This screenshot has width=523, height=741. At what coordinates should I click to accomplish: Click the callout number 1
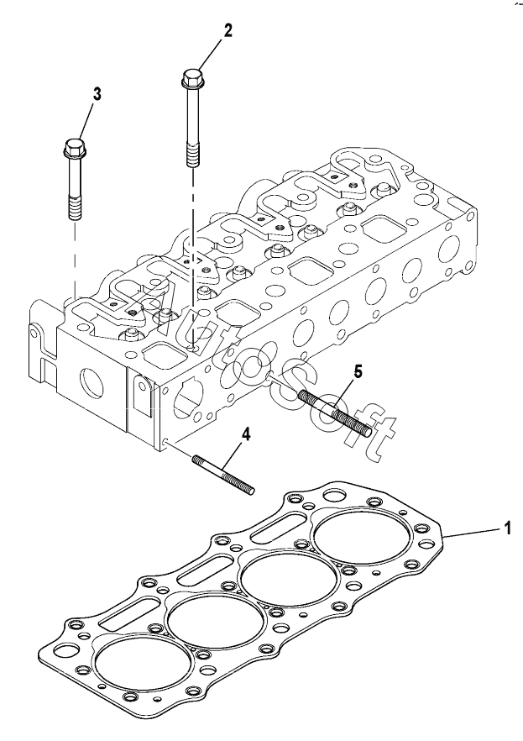(507, 528)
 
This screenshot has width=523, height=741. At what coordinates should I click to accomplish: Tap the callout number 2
(228, 31)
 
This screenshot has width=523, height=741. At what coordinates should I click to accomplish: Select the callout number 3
(97, 94)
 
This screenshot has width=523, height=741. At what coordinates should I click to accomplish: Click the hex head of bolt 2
(191, 79)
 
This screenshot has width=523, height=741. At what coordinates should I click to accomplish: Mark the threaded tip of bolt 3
(75, 208)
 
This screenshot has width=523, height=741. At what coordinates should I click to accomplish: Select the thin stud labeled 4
(223, 475)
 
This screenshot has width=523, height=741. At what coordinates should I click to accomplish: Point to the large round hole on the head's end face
(92, 381)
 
